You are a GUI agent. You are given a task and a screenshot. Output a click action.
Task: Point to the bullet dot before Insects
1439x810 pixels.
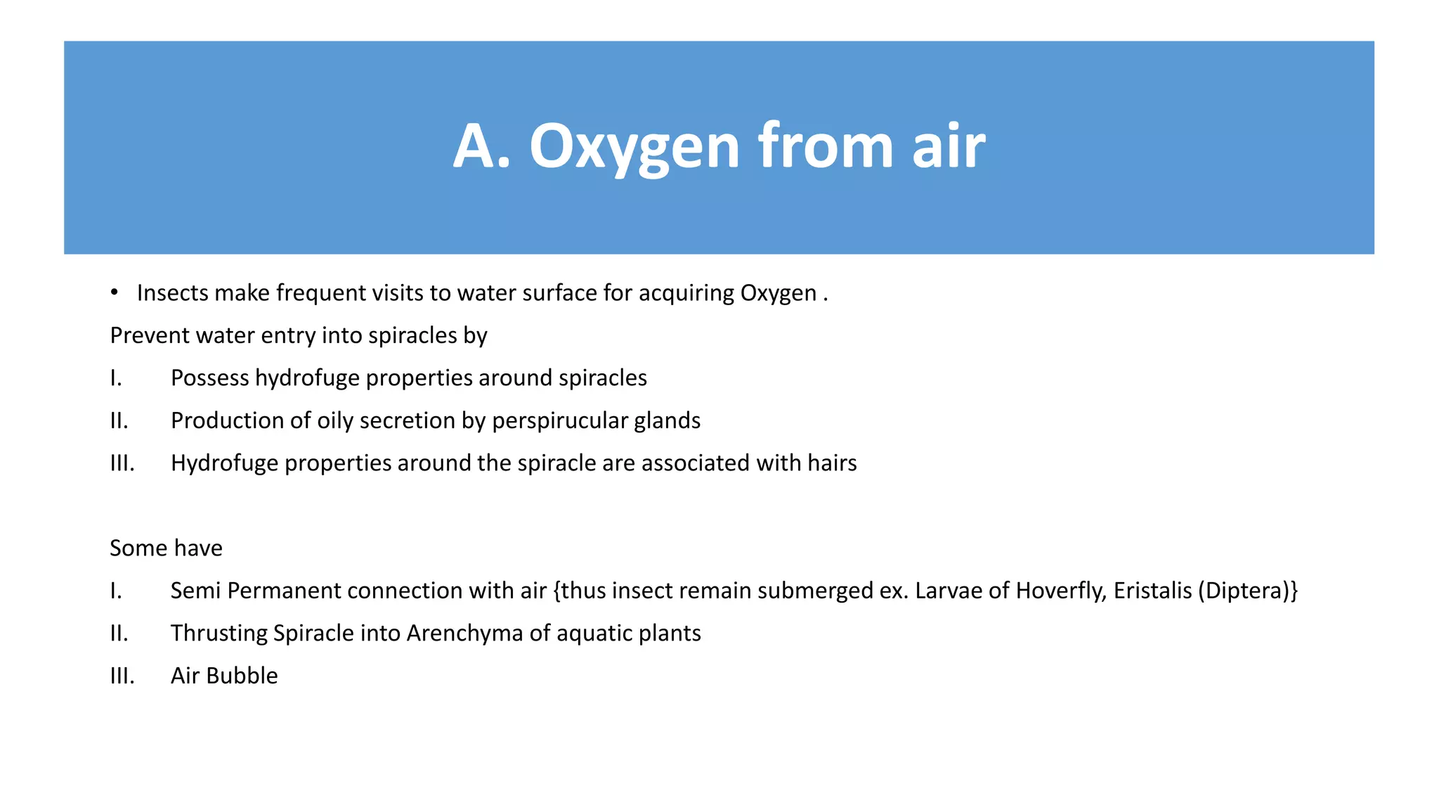click(x=114, y=292)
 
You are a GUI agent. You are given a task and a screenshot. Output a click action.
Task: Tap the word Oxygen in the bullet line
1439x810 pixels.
click(x=778, y=292)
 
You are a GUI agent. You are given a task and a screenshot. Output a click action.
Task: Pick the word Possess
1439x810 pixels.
click(x=209, y=378)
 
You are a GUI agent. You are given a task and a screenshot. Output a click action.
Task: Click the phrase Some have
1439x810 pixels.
click(x=166, y=548)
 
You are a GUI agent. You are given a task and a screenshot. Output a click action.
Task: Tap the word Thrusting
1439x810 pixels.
click(x=219, y=634)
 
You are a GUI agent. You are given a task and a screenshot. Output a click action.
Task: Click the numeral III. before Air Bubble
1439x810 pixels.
click(x=122, y=676)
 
